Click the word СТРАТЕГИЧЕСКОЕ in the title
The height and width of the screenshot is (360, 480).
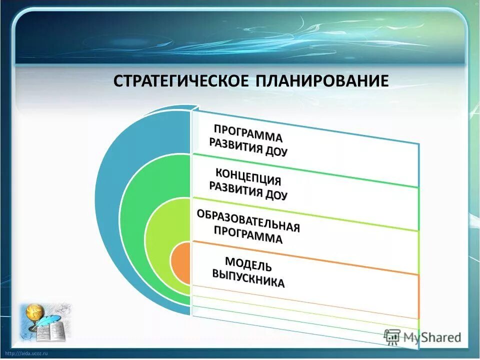point(181,81)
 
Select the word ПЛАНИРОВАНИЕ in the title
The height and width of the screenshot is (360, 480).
point(322,81)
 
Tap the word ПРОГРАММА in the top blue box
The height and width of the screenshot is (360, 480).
point(248,132)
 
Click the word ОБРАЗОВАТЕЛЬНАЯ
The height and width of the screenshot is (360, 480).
point(248,220)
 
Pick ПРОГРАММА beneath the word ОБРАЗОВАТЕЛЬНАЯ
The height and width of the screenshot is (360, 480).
point(248,234)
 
